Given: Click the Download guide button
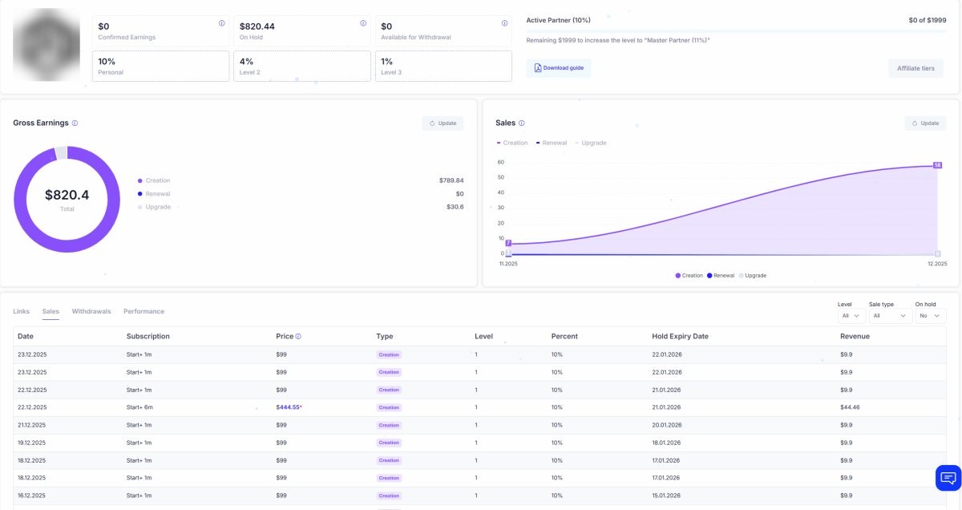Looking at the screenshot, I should [x=559, y=68].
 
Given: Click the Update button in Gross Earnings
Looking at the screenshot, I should [x=443, y=123].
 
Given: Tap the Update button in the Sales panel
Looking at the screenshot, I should [x=925, y=123].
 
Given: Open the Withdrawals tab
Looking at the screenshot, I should [x=91, y=311].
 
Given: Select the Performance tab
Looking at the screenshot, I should [x=143, y=311].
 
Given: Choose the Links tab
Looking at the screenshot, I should [x=22, y=311].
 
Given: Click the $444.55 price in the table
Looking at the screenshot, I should [x=289, y=407].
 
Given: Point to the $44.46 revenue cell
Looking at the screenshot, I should [x=850, y=407].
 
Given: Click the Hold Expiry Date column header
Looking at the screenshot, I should [x=680, y=336].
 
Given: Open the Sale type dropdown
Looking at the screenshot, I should [x=890, y=317].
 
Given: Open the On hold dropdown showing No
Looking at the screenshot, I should [x=929, y=317].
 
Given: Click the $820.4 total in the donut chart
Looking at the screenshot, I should [x=67, y=195].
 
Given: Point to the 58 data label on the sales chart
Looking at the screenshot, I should [x=937, y=165].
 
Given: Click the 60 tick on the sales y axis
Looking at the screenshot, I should [x=500, y=162].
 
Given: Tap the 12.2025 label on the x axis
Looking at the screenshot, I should [x=936, y=263].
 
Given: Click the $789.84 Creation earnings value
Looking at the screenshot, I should [x=451, y=180].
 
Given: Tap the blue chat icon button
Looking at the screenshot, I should [x=948, y=478].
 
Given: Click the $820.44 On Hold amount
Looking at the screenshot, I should [x=257, y=26].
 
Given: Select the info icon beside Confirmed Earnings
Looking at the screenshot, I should [x=222, y=23].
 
